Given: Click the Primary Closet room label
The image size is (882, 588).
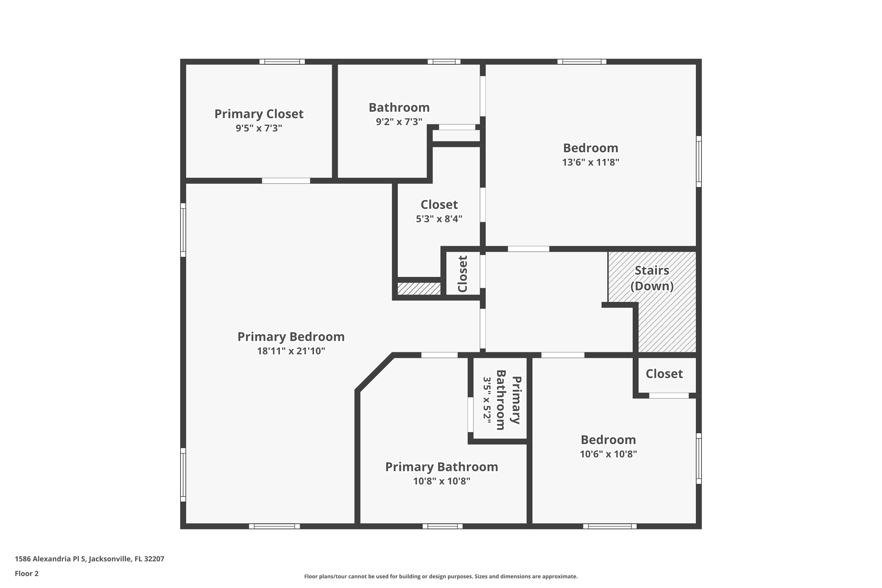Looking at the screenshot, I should (259, 114).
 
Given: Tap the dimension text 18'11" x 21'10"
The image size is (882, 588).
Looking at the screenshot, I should (291, 351).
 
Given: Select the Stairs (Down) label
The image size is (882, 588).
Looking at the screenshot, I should (652, 278).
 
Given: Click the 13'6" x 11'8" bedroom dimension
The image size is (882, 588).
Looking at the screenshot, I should (590, 162).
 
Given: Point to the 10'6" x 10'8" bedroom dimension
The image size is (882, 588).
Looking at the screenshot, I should (608, 454).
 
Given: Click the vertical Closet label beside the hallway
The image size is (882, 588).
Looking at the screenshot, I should (463, 274).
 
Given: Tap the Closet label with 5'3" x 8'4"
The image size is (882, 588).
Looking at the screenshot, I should (439, 204).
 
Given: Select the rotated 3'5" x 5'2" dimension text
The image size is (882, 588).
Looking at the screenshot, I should (487, 400).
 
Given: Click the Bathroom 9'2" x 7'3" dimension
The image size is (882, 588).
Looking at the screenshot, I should (399, 122).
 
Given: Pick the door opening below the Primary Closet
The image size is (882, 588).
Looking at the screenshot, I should (286, 181).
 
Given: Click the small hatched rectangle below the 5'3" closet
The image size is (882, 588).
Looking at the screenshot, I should (419, 289).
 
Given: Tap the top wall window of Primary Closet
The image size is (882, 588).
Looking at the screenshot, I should (282, 62).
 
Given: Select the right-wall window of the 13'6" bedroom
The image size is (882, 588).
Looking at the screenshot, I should (699, 162).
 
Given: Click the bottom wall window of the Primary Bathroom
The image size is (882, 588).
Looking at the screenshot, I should (442, 526).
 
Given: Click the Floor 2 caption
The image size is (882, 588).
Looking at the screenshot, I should (27, 573).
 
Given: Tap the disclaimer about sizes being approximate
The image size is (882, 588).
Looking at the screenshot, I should (441, 576).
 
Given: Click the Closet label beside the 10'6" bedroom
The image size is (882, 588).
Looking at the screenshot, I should (664, 374).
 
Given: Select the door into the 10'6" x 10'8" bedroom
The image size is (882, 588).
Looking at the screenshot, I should (562, 355).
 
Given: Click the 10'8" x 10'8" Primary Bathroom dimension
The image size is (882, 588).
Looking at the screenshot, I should (441, 481).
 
